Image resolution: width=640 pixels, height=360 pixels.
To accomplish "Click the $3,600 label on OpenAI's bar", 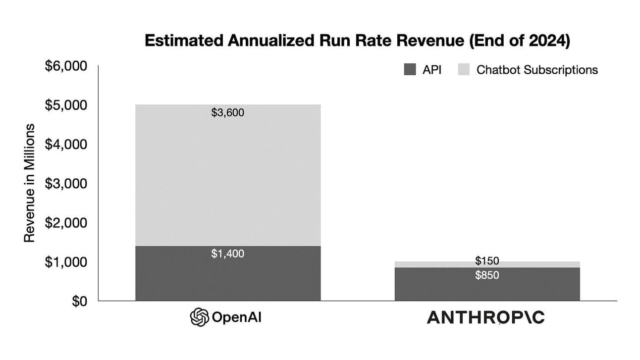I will click(x=227, y=112).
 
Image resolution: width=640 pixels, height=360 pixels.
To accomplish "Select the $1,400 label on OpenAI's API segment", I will click(x=227, y=254).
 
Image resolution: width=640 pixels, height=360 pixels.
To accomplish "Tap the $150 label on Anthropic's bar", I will click(x=487, y=261).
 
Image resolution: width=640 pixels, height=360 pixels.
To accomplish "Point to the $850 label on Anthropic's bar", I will click(x=487, y=275).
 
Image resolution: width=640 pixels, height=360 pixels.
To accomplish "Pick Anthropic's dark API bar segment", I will click(x=487, y=287).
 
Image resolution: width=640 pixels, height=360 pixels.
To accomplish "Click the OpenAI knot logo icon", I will click(x=199, y=317).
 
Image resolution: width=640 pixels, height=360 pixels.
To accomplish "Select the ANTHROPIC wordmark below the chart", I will click(x=485, y=317).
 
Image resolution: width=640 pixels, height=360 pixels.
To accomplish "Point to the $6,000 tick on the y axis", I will click(x=66, y=66).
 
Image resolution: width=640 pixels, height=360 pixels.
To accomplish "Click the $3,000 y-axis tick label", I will click(x=66, y=184).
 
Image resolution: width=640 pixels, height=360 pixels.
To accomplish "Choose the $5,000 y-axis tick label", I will click(x=66, y=105).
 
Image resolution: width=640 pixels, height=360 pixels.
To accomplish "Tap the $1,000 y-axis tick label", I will click(x=66, y=262).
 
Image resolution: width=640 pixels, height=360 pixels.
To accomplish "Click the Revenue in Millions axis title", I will click(x=30, y=183).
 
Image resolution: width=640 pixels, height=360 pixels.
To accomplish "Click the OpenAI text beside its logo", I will click(x=236, y=317).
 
